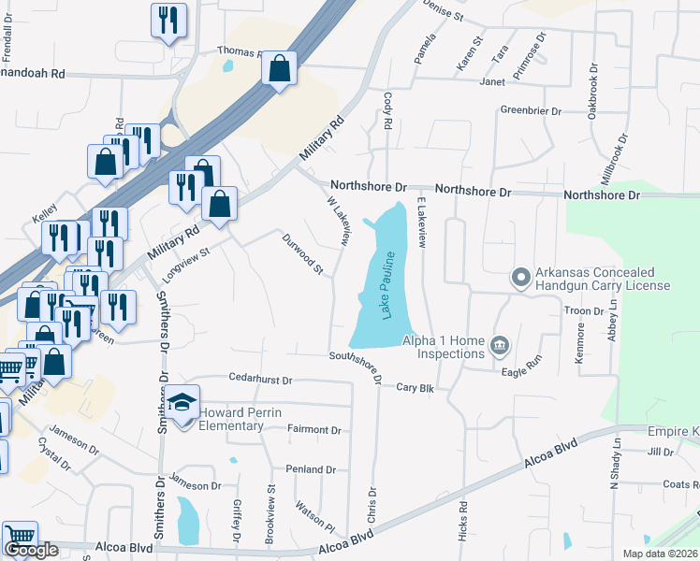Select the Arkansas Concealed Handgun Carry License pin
pyautogui.click(x=520, y=278)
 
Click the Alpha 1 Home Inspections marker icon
pyautogui.click(x=499, y=347)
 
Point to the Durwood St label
pyautogui.click(x=303, y=254)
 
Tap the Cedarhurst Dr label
pyautogui.click(x=261, y=381)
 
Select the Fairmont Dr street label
pyautogui.click(x=314, y=430)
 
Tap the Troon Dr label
pyautogui.click(x=584, y=310)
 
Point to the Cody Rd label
pyautogui.click(x=386, y=111)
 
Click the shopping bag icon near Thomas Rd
pyautogui.click(x=280, y=68)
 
